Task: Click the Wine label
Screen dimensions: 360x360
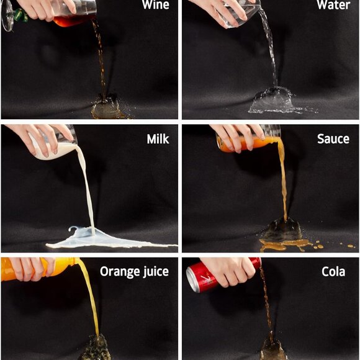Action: (155, 4)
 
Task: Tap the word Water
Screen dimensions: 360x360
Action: (333, 4)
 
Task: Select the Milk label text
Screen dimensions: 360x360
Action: (158, 139)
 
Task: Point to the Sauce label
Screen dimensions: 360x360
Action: (333, 138)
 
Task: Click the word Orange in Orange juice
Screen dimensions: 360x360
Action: (120, 271)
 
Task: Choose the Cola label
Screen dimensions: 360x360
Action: (333, 272)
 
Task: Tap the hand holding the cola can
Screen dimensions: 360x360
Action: (230, 271)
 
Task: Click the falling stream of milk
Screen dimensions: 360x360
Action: (88, 188)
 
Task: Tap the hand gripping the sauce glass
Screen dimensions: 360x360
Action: (239, 137)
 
